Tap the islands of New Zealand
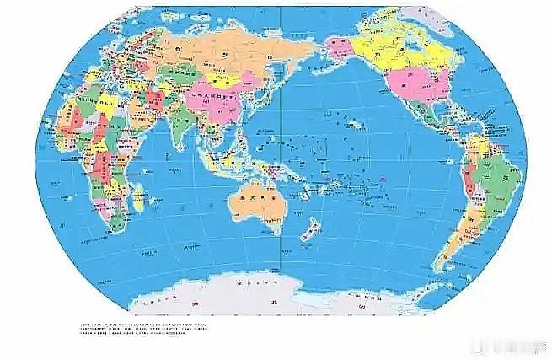[309, 229]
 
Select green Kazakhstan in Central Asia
[177, 76]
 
